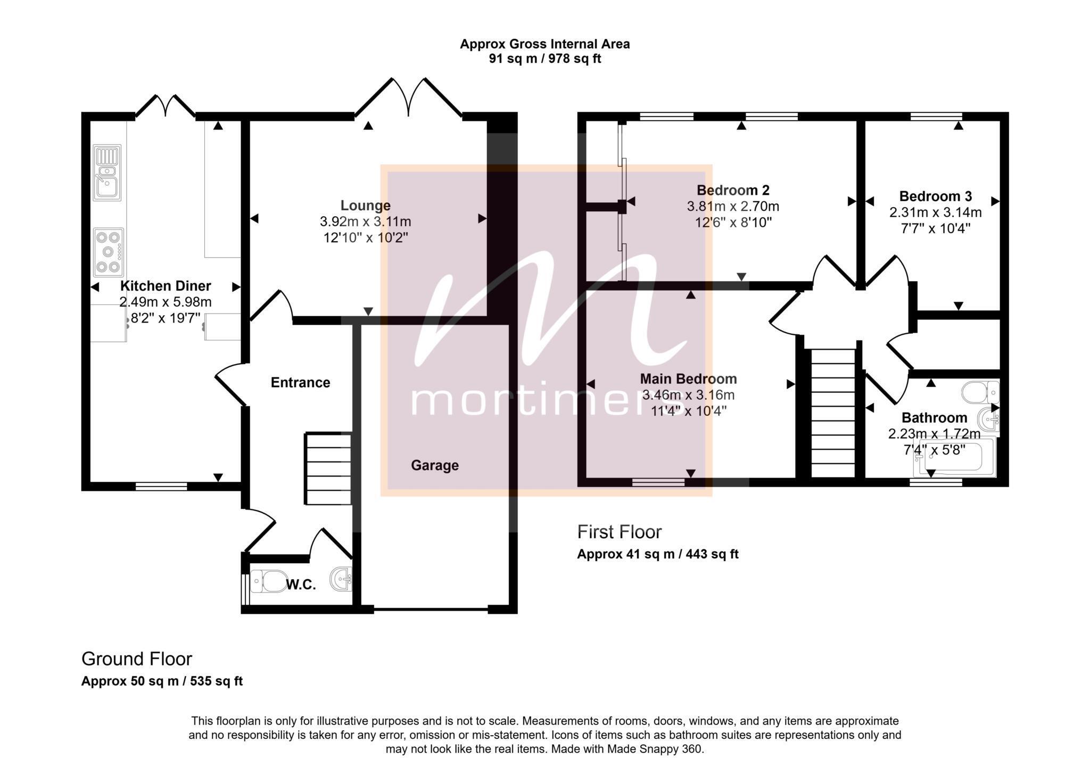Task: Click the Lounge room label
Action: point(365,205)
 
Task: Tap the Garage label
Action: point(435,466)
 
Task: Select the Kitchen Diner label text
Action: point(166,286)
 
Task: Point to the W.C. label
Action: point(301,585)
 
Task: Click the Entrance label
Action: point(301,383)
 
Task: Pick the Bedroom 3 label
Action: point(936,196)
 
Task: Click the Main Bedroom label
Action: point(688,379)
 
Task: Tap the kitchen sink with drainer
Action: point(108,172)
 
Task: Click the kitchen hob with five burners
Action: point(109,252)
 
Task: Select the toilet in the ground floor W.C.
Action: point(269,581)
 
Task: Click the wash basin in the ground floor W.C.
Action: point(341,579)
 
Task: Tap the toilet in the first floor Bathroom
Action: point(980,392)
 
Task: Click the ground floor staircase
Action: point(328,469)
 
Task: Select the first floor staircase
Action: point(833,413)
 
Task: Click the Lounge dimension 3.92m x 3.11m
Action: point(365,221)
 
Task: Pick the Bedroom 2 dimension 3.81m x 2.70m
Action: point(733,206)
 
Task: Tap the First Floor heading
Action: point(620,532)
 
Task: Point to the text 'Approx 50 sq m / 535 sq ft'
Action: point(162,681)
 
